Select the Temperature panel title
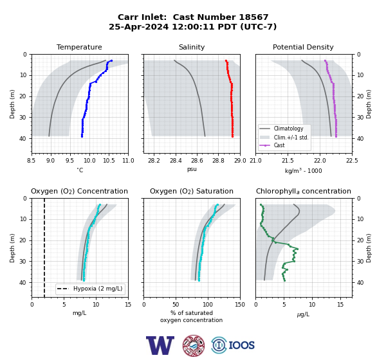coord(79,47)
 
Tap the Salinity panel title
coord(192,47)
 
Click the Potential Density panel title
coord(303,47)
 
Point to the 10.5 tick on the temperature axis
coord(109,161)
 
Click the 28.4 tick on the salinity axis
coord(176,161)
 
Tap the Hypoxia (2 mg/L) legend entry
coord(90,289)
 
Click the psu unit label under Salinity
coord(192,169)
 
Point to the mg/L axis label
coord(80,313)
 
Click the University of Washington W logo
coord(160,345)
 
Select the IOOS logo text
coord(241,345)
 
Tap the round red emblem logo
coord(194,345)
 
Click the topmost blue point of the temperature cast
coord(111,60)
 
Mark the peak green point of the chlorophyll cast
coord(297,249)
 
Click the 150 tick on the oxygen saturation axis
coord(240,304)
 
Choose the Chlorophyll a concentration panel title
coord(304,191)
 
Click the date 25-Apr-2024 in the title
coord(138,26)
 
